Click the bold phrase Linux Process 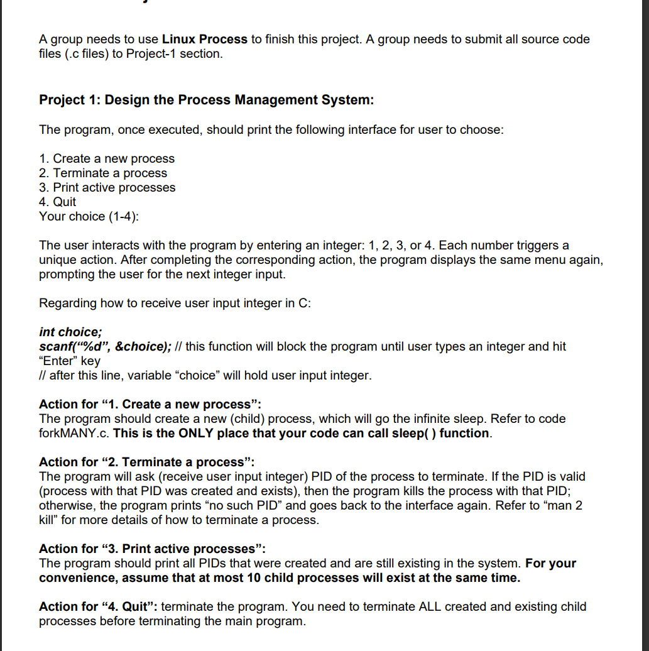pos(205,40)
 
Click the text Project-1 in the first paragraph pos(150,54)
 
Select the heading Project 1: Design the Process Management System pos(207,100)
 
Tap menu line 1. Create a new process pos(107,159)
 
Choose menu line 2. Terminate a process pos(103,173)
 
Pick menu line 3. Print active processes pos(107,188)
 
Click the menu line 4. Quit pos(57,202)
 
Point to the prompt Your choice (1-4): pos(90,217)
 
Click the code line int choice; pos(70,332)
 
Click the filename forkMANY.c pos(74,434)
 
